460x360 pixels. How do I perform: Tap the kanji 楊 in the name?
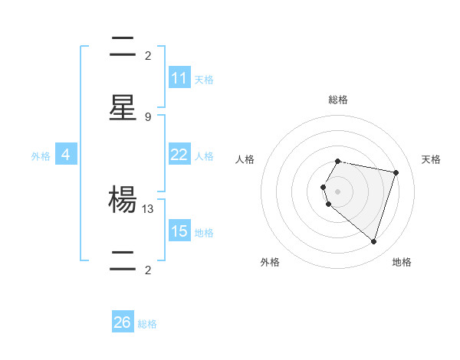tap(123, 201)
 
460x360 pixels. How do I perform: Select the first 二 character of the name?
tap(123, 47)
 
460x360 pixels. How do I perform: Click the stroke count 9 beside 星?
tap(147, 116)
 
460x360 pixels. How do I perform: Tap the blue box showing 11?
tap(179, 78)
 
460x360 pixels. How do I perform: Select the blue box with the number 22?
tap(179, 155)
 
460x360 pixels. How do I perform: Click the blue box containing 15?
tap(179, 231)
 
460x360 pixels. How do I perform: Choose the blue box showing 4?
tap(66, 155)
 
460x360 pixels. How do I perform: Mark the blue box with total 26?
tap(123, 322)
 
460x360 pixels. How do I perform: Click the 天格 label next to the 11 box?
tap(204, 79)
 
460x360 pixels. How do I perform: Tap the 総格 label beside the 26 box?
tap(147, 323)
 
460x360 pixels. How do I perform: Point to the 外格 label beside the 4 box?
tap(41, 155)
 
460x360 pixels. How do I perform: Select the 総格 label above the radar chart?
tap(338, 100)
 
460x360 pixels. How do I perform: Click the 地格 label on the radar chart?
tap(402, 262)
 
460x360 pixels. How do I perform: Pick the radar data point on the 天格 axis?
tap(396, 172)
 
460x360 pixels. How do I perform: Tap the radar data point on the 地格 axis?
tap(373, 241)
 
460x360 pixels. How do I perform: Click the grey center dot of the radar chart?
tap(338, 191)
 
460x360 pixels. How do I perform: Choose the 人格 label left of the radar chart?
tap(245, 159)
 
